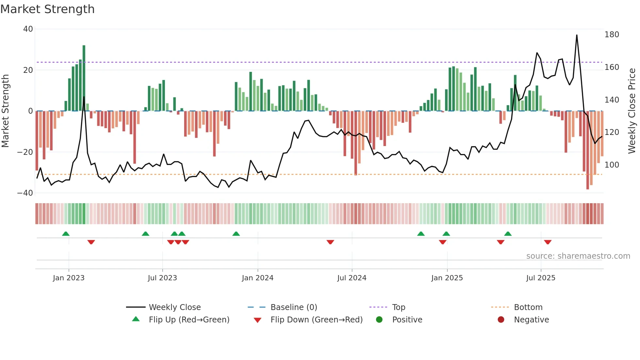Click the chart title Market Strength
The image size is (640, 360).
tap(47, 9)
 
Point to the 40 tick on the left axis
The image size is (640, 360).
tap(28, 29)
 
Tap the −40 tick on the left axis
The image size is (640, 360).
tap(25, 193)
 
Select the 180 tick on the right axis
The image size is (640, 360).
tap(612, 35)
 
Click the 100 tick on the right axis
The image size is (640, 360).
tap(612, 165)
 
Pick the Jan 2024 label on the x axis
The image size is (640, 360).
tap(258, 278)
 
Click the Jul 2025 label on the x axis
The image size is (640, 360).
tap(541, 278)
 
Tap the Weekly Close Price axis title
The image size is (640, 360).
tap(632, 111)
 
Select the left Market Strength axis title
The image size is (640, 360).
tap(6, 111)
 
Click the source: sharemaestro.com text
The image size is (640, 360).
tap(578, 256)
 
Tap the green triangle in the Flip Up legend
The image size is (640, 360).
tap(136, 319)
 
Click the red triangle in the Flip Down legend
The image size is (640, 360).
tap(258, 320)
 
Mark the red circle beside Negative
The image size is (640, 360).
tap(501, 320)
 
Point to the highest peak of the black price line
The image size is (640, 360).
tap(577, 35)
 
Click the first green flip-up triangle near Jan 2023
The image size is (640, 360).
tap(66, 234)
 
